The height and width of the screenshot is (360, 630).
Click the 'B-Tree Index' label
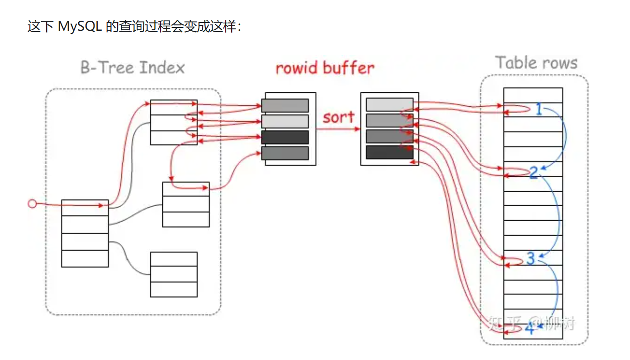(133, 68)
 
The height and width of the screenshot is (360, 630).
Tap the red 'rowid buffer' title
(325, 68)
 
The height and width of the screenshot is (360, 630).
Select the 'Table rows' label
(536, 62)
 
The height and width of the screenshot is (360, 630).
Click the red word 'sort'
(338, 117)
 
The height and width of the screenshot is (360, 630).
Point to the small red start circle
(32, 204)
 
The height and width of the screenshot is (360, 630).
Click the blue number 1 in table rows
(538, 109)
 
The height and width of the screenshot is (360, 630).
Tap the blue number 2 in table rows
(534, 172)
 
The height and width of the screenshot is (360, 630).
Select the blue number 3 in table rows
(531, 258)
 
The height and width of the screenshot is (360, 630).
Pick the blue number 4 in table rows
(529, 329)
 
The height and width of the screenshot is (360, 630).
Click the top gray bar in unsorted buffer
(285, 105)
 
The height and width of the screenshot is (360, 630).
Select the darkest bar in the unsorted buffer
(285, 137)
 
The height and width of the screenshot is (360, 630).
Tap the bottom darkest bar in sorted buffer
(389, 152)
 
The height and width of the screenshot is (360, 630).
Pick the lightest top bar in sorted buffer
(389, 104)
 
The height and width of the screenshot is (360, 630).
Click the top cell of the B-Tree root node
(85, 208)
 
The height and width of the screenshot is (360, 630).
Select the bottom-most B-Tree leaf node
(174, 275)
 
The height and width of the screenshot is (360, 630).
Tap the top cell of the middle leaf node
(186, 189)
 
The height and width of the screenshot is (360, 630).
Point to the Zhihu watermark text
(532, 322)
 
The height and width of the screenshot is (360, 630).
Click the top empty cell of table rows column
(533, 95)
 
